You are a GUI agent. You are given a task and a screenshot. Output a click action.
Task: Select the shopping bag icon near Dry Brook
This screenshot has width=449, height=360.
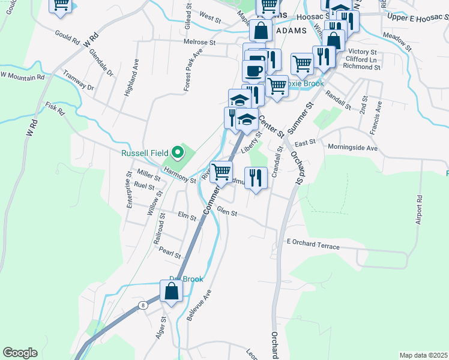(172, 292)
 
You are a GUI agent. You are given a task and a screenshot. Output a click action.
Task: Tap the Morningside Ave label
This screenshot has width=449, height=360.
(352, 147)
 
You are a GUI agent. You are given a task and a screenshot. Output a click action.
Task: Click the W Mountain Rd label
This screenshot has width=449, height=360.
(22, 76)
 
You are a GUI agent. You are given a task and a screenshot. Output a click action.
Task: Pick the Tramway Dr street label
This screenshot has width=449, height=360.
(78, 81)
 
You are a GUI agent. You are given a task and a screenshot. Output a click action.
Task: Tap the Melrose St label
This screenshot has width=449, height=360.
(200, 43)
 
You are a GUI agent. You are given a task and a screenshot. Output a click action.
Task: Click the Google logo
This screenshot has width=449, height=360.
(20, 353)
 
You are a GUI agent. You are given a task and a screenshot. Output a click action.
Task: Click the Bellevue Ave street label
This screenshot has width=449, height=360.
(199, 306)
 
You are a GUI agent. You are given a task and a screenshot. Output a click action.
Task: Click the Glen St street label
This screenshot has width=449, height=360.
(228, 212)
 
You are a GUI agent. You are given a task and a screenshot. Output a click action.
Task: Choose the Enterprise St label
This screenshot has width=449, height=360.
(129, 190)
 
